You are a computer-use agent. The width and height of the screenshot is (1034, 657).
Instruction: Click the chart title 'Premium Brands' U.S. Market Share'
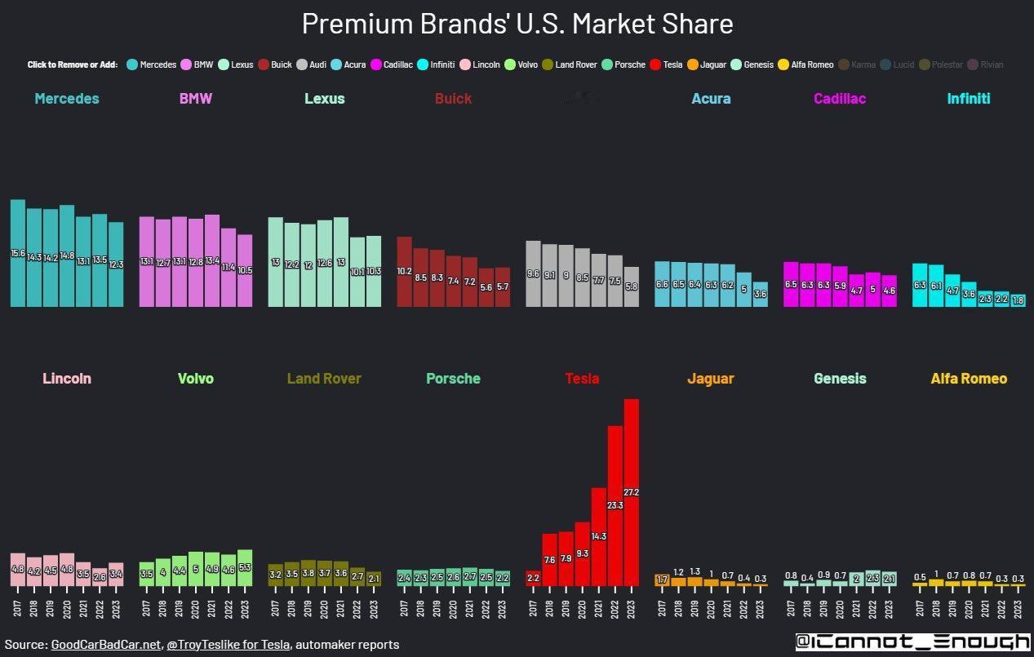517,24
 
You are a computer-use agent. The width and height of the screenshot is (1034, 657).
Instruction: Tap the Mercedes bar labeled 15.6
18,253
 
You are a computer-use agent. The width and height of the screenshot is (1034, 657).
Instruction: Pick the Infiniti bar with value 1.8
1018,300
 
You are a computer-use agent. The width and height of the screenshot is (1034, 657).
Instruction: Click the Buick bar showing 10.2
405,272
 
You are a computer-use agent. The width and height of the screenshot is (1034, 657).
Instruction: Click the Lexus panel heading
324,99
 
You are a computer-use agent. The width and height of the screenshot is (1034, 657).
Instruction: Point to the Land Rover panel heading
324,379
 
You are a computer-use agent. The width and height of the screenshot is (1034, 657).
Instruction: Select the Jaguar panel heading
710,379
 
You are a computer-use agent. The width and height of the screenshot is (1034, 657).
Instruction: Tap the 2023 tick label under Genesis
889,608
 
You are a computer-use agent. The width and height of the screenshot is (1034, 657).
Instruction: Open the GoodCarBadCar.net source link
105,645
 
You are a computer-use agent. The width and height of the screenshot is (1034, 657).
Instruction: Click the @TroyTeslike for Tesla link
228,645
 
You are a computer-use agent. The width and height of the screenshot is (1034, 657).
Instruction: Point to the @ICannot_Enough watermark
912,642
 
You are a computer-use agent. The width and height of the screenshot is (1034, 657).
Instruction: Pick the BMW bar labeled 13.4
212,260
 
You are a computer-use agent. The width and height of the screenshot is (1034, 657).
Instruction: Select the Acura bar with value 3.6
760,294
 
